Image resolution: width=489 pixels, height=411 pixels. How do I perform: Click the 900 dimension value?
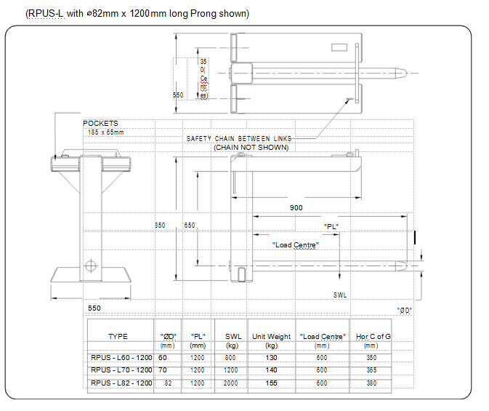point(296,208)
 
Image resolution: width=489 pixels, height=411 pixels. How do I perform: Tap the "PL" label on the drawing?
point(332,227)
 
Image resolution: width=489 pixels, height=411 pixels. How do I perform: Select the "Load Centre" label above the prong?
point(296,244)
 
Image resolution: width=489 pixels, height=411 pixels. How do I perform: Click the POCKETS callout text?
point(100,124)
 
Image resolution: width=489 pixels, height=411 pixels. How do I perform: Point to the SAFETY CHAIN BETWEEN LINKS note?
point(239,138)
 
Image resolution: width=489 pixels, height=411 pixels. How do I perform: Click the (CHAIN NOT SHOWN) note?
point(251,148)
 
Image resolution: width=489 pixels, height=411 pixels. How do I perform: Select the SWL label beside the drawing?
point(340,295)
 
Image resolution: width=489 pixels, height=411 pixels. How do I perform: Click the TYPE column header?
point(118,336)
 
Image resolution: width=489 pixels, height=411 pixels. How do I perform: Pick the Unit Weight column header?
point(271,336)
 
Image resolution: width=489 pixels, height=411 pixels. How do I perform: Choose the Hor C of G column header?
point(373,336)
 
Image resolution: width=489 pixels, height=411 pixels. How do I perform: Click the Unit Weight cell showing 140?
point(271,370)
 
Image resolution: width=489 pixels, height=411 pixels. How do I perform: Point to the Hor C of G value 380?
point(372,383)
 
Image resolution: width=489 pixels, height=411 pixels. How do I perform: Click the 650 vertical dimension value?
point(189,226)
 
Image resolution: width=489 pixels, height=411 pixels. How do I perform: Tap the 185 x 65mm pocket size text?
point(105,132)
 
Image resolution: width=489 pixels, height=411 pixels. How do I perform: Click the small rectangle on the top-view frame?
point(339,48)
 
